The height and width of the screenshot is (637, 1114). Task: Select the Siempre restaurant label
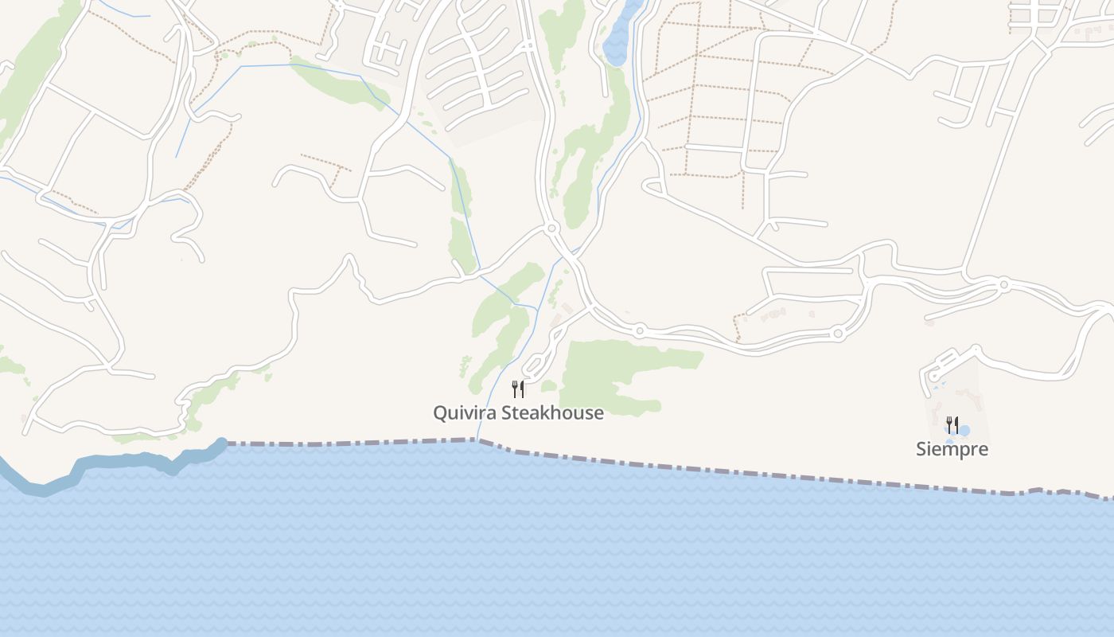pos(952,449)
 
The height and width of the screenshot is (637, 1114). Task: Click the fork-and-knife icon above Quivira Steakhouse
pos(518,389)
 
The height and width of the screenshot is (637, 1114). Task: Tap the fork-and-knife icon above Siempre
pos(952,424)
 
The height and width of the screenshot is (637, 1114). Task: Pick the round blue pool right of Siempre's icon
pos(964,431)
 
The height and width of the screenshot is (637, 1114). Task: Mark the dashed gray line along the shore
pos(716,469)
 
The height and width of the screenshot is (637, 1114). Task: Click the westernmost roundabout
pos(552,229)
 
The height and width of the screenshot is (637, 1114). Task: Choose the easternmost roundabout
pos(1004,284)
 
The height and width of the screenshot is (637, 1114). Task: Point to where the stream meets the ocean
pos(477,440)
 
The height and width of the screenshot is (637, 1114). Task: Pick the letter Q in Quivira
pos(439,413)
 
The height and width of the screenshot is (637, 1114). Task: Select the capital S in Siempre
pos(921,449)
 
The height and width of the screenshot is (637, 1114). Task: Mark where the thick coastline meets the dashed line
pos(224,444)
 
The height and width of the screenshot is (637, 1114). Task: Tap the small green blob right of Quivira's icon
pos(548,386)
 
